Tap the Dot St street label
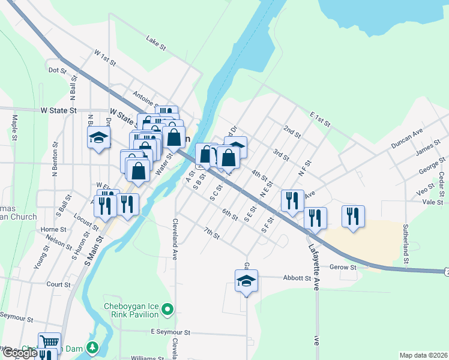(x=57, y=70)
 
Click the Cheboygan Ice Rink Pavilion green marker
(x=168, y=310)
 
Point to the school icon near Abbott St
(x=246, y=280)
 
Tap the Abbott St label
(x=297, y=278)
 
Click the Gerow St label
(x=343, y=266)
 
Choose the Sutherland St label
(x=406, y=245)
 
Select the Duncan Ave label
(x=407, y=137)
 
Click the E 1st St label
(x=321, y=118)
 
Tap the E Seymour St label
(x=170, y=332)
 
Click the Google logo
(x=20, y=353)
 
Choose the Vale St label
(x=432, y=203)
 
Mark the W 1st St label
(x=104, y=56)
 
